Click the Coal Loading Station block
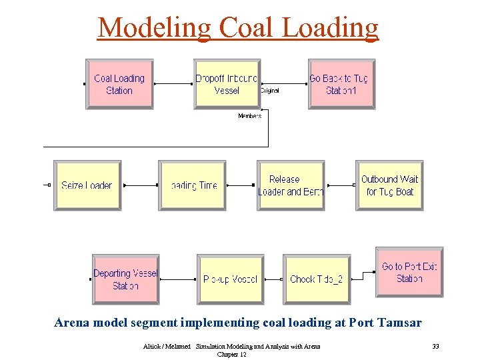pos(119,85)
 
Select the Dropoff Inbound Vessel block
pos(227,85)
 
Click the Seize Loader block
pos(87,185)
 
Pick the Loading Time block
pos(193,185)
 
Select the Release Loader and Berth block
pos(290,185)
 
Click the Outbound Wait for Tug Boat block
pos(389,185)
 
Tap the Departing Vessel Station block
pos(125,279)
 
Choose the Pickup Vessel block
pos(230,279)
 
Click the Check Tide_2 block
pos(316,279)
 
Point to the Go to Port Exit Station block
pos(409,273)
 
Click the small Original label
pos(269,90)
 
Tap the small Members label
pos(250,116)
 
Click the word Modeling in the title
pos(153,27)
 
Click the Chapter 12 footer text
pos(231,355)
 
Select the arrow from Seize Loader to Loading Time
pos(140,185)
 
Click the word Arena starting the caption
pos(71,323)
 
